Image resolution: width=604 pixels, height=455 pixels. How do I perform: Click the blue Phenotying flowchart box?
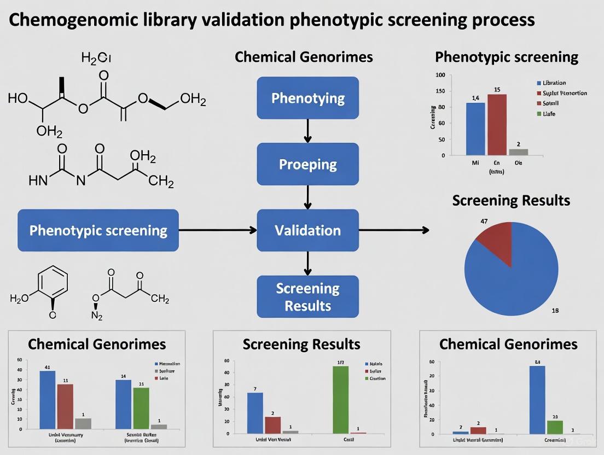[x=308, y=98]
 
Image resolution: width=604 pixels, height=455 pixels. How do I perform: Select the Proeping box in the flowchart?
[x=308, y=164]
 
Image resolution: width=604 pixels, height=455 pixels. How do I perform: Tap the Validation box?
[x=308, y=230]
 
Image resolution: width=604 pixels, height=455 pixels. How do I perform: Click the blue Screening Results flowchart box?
[x=308, y=296]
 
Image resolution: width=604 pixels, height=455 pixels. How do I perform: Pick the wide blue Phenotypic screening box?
[x=98, y=230]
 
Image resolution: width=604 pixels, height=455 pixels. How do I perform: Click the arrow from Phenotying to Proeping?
[x=308, y=131]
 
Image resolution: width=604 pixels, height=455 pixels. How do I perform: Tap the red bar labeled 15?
[x=497, y=125]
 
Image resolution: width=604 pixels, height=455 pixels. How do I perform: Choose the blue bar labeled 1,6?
[x=475, y=129]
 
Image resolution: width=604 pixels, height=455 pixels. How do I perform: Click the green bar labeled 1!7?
[x=340, y=399]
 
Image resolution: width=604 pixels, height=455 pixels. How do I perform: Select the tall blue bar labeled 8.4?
[x=537, y=399]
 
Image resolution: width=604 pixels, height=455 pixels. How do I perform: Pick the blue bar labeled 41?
[x=48, y=400]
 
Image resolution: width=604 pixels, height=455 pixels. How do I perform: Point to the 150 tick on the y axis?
[x=440, y=91]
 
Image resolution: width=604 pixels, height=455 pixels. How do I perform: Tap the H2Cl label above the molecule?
[x=96, y=57]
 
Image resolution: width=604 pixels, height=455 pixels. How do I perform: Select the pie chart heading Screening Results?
[x=511, y=200]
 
